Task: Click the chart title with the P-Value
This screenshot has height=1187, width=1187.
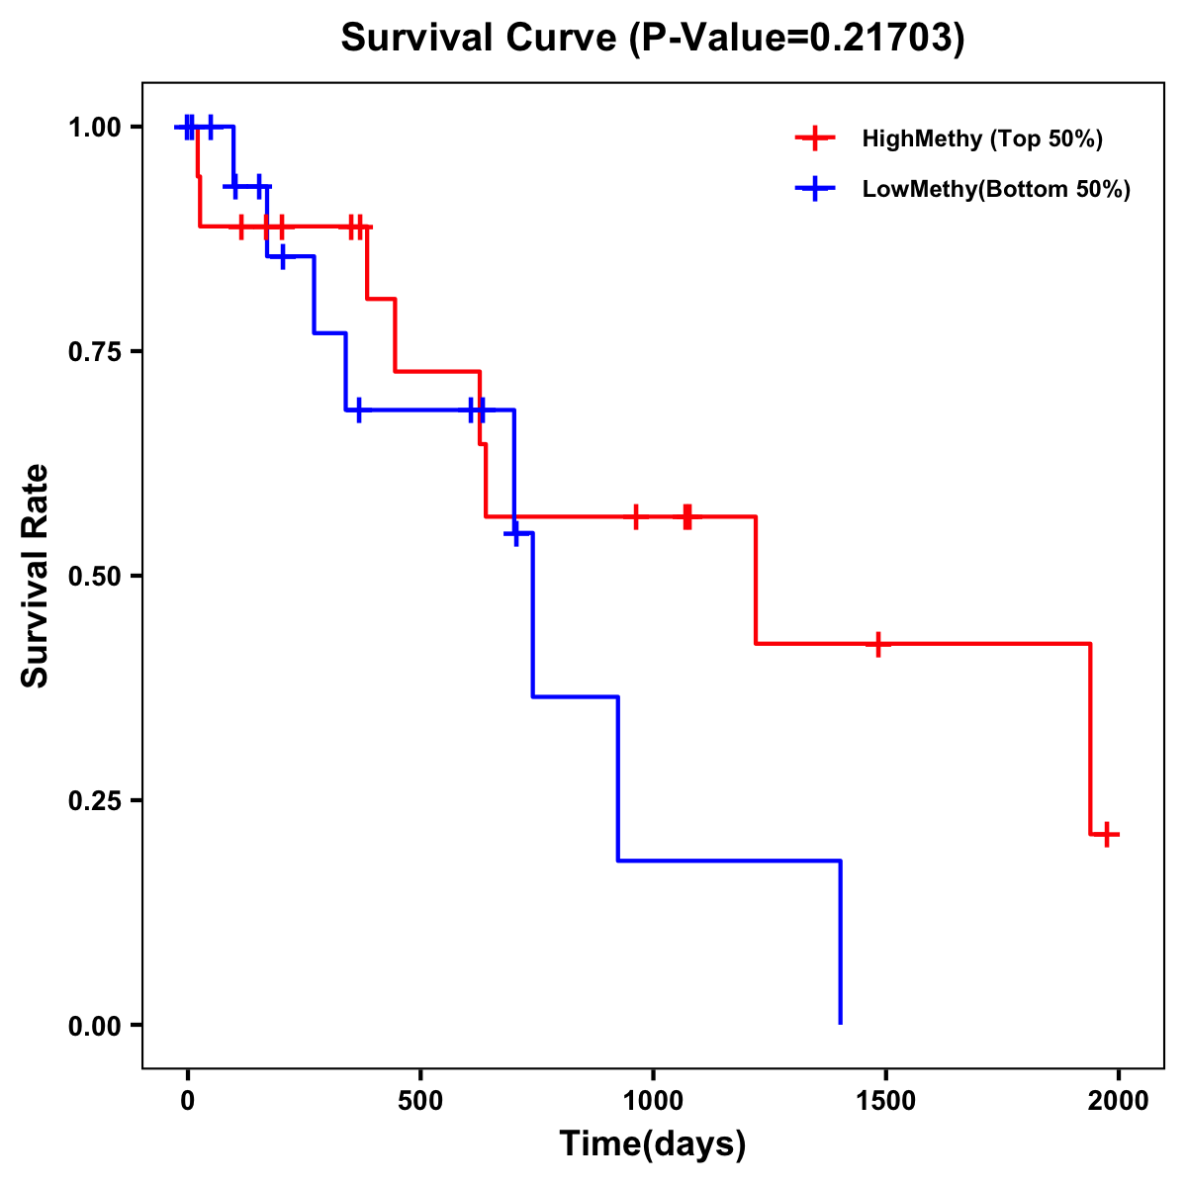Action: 652,39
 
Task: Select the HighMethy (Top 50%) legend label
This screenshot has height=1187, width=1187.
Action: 982,138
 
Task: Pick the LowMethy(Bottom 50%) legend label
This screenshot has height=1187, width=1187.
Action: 996,189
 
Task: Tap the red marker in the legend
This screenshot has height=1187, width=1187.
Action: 815,138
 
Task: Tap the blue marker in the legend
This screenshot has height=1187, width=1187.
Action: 815,189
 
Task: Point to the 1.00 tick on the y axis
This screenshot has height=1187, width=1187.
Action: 95,128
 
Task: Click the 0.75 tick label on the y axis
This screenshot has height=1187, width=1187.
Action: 95,352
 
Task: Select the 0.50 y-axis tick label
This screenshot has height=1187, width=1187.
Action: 95,577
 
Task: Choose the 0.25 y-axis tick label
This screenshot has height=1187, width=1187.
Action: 95,801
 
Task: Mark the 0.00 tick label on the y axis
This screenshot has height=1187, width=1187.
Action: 95,1026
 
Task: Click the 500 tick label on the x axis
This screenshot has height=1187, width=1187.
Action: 420,1101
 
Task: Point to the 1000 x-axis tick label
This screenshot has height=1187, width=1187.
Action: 653,1101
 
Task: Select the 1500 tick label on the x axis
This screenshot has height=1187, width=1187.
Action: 885,1101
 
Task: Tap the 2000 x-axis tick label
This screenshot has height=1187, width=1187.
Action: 1119,1101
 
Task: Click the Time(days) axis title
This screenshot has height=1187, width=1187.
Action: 653,1144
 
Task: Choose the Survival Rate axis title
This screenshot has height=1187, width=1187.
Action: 36,576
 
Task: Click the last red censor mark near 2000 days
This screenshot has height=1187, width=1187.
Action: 1107,835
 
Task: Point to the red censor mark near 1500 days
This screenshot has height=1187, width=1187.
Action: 877,644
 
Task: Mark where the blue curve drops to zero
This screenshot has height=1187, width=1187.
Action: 841,1023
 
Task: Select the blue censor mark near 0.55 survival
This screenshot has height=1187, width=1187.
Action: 514,533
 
